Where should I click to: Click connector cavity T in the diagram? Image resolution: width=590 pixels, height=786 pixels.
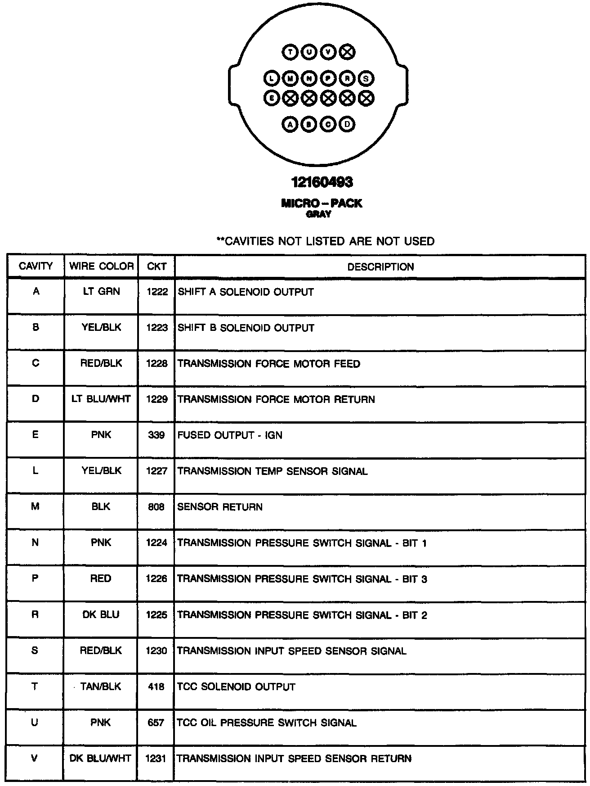(290, 52)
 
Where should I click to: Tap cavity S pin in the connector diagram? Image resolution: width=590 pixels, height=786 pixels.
(366, 78)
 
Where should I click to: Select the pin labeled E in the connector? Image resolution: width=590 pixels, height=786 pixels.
(272, 97)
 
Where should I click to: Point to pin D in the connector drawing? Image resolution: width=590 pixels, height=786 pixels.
(347, 124)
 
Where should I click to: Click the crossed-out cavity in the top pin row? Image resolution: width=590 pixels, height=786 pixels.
(347, 52)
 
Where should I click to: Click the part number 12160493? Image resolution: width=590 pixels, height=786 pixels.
(322, 182)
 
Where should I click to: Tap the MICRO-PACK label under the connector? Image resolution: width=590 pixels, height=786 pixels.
(322, 203)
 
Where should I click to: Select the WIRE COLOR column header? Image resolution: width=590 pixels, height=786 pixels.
(101, 266)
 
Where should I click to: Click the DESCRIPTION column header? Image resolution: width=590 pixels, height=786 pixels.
(380, 267)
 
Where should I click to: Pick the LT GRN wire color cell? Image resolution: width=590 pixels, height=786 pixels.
(101, 292)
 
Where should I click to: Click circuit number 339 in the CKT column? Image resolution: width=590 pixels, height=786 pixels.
(156, 435)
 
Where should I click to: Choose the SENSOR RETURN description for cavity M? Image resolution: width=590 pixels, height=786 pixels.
(220, 507)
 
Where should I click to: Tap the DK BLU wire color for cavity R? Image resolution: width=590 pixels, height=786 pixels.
(101, 615)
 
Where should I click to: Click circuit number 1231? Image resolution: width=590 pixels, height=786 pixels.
(156, 759)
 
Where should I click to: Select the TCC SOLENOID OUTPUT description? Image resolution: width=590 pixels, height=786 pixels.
(236, 687)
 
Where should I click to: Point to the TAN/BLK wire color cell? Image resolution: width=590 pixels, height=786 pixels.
(101, 687)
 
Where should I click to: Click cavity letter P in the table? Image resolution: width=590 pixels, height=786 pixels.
(35, 578)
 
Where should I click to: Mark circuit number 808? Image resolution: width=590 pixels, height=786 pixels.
(156, 507)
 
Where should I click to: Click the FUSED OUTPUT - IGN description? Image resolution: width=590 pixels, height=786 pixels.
(230, 435)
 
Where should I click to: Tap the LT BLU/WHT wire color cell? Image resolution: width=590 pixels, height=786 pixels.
(101, 399)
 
